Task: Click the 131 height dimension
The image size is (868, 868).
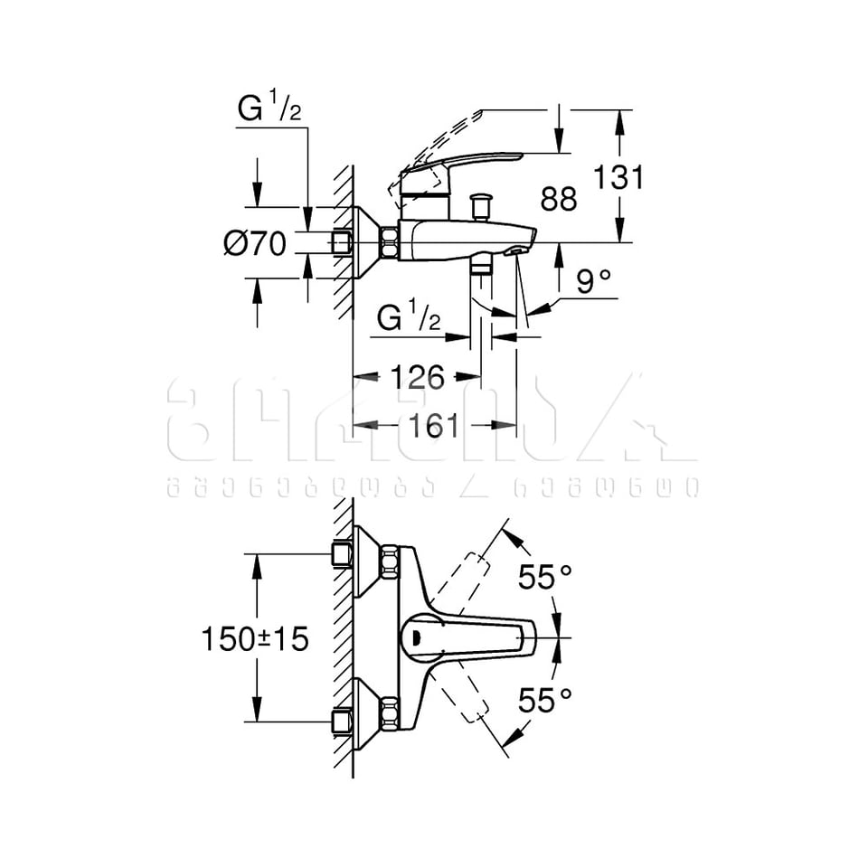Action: tap(618, 177)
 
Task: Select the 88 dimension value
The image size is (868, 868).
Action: tap(558, 199)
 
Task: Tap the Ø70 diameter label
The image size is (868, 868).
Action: tap(255, 242)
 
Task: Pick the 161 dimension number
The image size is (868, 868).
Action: tap(434, 425)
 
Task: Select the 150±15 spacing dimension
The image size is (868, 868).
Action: tap(255, 638)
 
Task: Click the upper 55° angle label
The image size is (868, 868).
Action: tap(545, 577)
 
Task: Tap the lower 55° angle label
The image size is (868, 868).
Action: tap(545, 699)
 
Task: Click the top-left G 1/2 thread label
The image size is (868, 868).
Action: tap(269, 109)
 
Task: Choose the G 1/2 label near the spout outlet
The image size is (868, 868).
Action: tap(409, 318)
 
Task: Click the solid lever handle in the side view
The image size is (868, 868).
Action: tap(470, 165)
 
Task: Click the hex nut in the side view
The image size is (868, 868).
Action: tap(390, 242)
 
